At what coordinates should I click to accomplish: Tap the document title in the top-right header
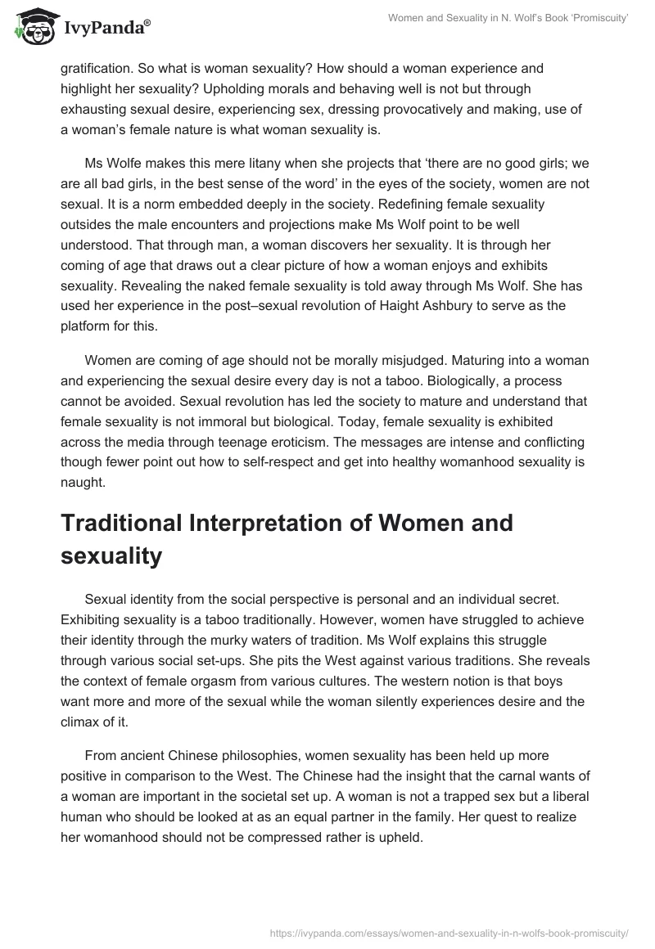point(508,19)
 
